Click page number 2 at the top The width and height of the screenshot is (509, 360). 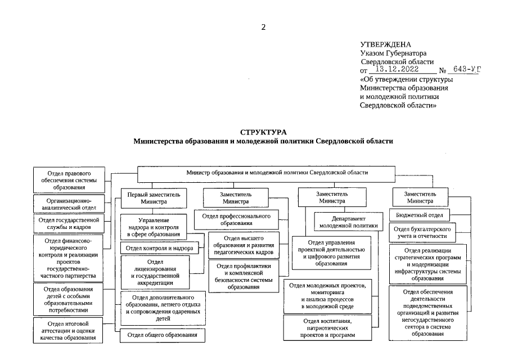point(263,26)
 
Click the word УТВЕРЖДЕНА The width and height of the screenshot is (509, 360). point(385,44)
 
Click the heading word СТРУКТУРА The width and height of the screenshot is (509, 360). point(263,131)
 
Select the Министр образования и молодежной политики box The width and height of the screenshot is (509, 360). point(266,173)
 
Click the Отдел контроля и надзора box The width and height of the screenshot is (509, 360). point(160,248)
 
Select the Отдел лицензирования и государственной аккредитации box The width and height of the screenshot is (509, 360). point(155,273)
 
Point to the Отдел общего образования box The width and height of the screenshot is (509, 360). point(162,336)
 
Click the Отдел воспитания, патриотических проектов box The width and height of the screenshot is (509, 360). point(328,328)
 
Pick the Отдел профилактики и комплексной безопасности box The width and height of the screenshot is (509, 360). point(244,276)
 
